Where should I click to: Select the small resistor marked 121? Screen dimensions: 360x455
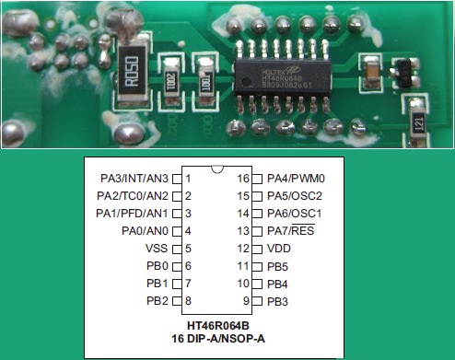click(x=417, y=120)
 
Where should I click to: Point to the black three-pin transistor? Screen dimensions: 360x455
click(x=403, y=70)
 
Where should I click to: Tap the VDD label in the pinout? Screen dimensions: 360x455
click(x=279, y=249)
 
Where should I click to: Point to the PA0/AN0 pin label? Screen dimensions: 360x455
click(x=145, y=231)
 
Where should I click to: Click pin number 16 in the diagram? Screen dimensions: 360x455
click(x=244, y=178)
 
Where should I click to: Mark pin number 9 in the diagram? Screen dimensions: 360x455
click(x=247, y=301)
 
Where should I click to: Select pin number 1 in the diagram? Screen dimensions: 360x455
click(x=188, y=178)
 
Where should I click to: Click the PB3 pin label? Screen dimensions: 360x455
click(x=277, y=301)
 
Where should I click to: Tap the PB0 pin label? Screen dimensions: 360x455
click(x=157, y=266)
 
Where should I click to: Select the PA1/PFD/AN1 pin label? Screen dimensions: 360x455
click(x=133, y=214)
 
